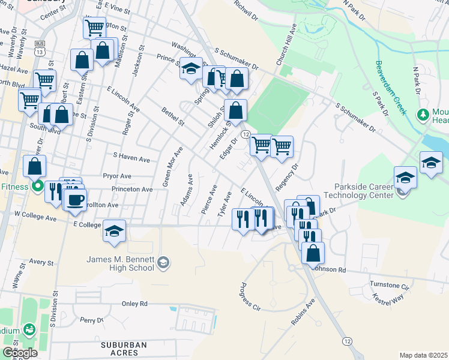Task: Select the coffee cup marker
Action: [x=74, y=200]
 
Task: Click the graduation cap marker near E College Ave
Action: [x=114, y=232]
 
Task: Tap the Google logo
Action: [x=20, y=353]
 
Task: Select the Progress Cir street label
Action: [x=250, y=296]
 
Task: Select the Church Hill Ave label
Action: [x=286, y=46]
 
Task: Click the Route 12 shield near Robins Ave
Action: [x=347, y=341]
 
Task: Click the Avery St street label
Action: [x=41, y=262]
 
